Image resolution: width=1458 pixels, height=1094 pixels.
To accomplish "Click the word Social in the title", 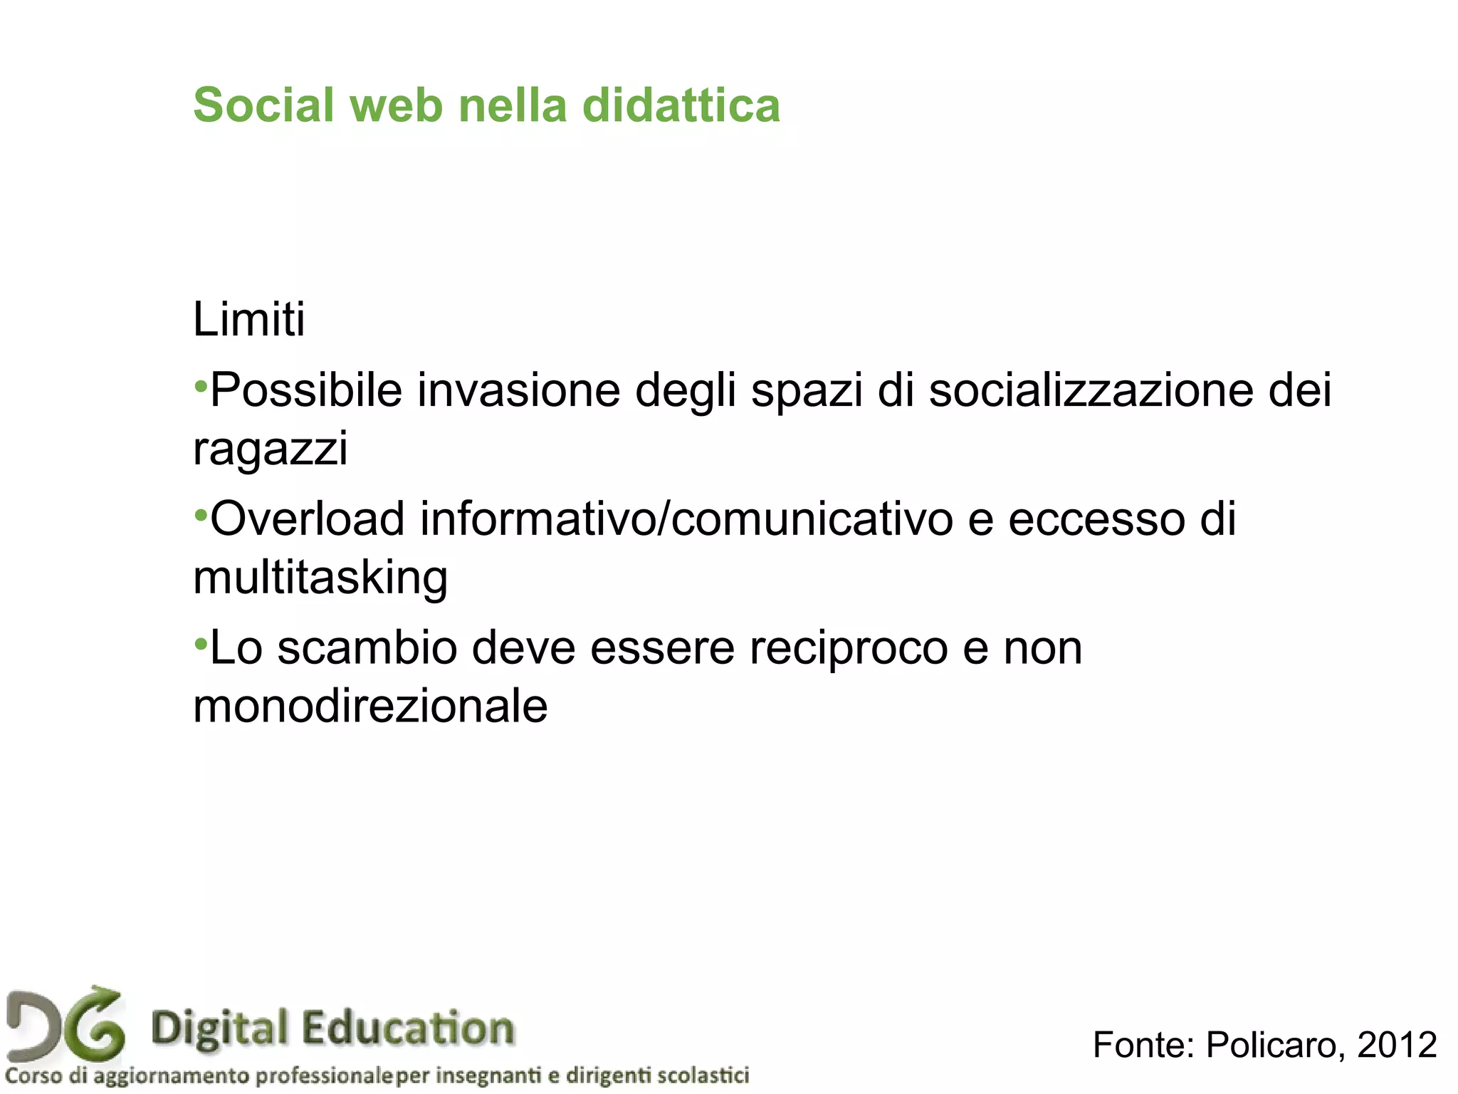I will point(263,105).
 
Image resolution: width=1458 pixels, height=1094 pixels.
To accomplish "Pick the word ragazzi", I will point(271,449).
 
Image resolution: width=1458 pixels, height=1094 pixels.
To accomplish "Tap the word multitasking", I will point(320,577).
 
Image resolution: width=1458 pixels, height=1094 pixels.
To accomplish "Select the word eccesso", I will point(1096,519).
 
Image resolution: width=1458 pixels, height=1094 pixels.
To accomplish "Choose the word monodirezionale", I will point(370,707).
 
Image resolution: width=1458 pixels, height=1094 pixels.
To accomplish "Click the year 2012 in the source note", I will point(1397,1045).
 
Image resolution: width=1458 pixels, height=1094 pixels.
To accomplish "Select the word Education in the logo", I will point(407,1028).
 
